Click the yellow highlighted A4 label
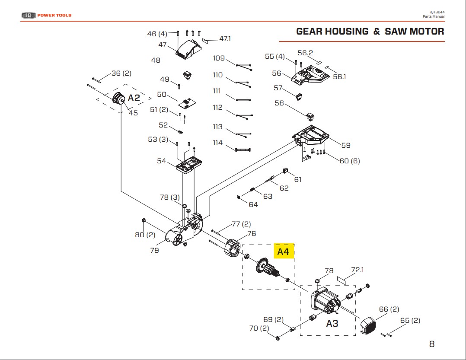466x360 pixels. pos(283,251)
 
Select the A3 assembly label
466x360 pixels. pos(332,323)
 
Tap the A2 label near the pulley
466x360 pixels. pos(134,98)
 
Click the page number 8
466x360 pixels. pos(431,344)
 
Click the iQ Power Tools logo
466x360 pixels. pos(46,16)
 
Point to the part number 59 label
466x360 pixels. pos(346,146)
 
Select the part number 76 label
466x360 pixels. pos(251,234)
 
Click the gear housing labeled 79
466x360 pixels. pos(182,233)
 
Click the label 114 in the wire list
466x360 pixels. pos(217,143)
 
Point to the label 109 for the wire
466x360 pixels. pos(219,58)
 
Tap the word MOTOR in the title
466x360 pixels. pos(426,32)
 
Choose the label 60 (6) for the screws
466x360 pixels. pos(349,161)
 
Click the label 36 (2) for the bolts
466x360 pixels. pos(121,73)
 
